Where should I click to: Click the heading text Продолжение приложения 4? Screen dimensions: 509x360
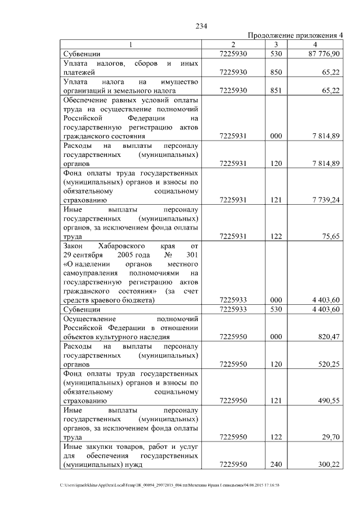pos(295,36)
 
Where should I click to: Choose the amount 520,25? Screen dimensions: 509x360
pos(328,364)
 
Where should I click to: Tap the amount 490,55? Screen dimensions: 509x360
pos(328,401)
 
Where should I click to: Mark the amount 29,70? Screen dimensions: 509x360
pos(331,438)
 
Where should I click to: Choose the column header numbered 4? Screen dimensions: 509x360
pos(315,44)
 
